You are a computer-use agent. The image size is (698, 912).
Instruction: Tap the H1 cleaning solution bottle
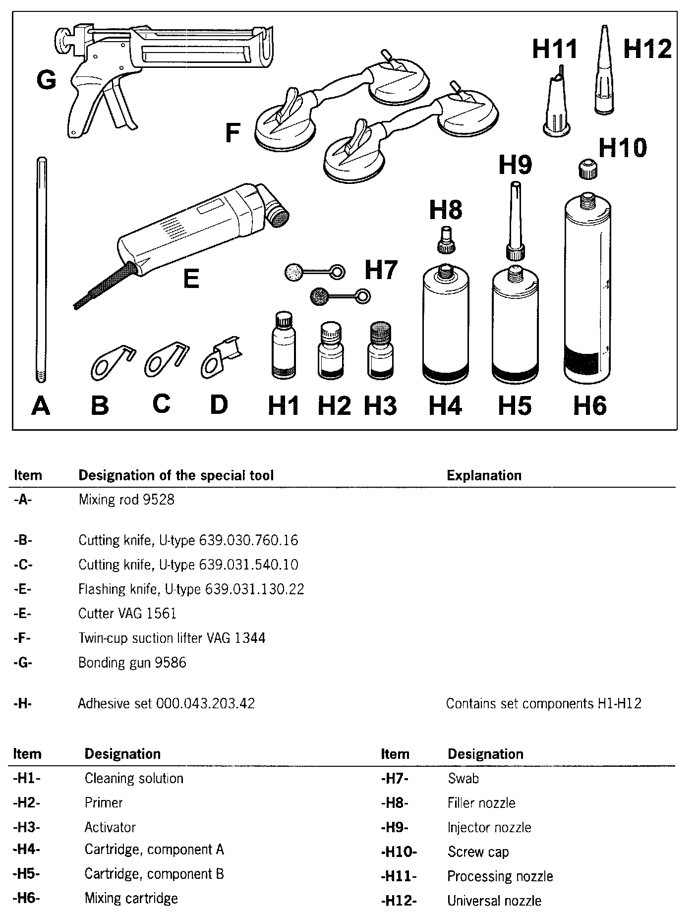[284, 346]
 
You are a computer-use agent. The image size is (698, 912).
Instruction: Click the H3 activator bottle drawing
[380, 351]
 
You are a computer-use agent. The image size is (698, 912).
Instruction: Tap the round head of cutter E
[278, 216]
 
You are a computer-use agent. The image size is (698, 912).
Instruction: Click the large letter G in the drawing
[46, 80]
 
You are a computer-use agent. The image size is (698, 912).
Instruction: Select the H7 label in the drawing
[381, 271]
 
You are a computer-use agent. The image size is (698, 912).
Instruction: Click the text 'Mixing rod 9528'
[126, 500]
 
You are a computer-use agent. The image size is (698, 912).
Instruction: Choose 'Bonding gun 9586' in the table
[132, 663]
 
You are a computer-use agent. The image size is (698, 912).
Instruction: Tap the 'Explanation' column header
[484, 476]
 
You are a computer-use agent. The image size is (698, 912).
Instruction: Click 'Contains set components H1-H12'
[544, 703]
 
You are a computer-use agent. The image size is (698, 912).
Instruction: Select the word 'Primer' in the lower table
[104, 802]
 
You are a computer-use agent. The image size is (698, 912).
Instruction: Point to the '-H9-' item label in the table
[395, 827]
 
